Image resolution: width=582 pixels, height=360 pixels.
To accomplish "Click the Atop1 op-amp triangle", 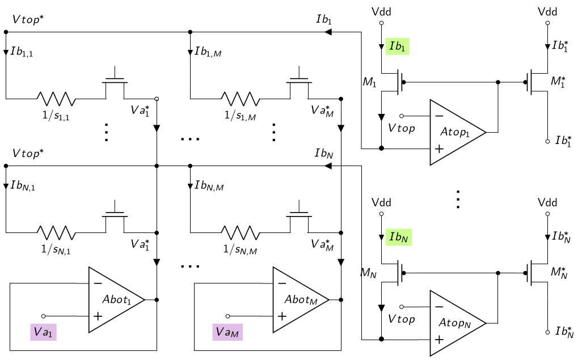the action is [x=457, y=132].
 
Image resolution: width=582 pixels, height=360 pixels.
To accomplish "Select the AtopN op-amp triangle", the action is [x=457, y=323].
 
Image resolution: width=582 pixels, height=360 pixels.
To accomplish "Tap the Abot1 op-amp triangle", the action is [x=116, y=299].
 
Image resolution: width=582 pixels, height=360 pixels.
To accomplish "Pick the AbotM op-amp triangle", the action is [x=300, y=299].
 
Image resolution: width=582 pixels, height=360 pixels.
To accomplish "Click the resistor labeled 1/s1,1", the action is [x=56, y=99].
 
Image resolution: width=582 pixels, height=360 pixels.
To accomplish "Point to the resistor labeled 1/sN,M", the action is [x=240, y=232].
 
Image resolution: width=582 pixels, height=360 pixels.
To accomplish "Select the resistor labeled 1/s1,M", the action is [x=240, y=99].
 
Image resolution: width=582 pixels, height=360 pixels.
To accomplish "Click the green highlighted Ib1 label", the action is [x=398, y=46].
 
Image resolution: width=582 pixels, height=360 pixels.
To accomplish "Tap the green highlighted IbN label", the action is [x=399, y=237].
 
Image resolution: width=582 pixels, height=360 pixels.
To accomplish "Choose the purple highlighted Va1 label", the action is [x=44, y=332].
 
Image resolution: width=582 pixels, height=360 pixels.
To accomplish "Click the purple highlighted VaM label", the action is [x=227, y=332].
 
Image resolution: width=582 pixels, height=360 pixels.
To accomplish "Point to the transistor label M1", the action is [x=369, y=82].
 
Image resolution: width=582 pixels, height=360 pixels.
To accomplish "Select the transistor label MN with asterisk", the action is [x=559, y=272].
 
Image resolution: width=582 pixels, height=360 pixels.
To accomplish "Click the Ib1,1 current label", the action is [x=22, y=52].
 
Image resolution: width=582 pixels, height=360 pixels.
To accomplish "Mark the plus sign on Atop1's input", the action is [x=439, y=149].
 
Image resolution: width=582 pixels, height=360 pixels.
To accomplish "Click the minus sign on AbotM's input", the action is [x=282, y=283].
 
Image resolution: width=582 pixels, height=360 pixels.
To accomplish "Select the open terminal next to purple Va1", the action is [x=44, y=316].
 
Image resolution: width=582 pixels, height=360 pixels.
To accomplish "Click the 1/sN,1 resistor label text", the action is [x=56, y=249].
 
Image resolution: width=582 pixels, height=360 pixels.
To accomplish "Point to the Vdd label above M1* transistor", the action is [x=547, y=12].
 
